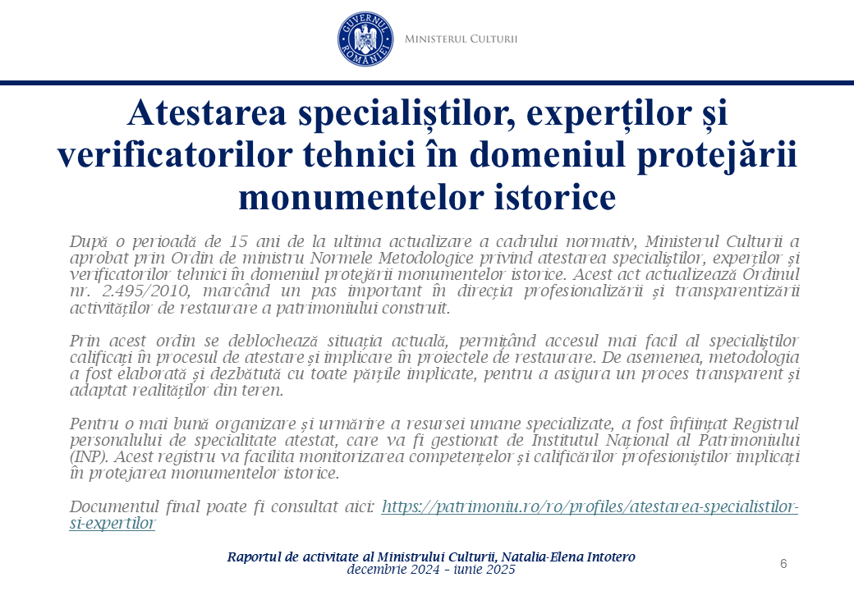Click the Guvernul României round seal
pyautogui.click(x=365, y=39)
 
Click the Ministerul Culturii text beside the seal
pyautogui.click(x=461, y=39)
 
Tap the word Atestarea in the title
pyautogui.click(x=206, y=112)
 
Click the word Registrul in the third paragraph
pyautogui.click(x=766, y=424)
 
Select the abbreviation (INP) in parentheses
pyautogui.click(x=90, y=456)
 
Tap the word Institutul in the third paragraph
pyautogui.click(x=565, y=440)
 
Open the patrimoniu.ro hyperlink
pyautogui.click(x=590, y=506)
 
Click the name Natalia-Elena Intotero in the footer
pyautogui.click(x=568, y=557)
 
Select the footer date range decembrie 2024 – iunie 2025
pyautogui.click(x=431, y=569)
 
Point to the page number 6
pyautogui.click(x=783, y=563)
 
